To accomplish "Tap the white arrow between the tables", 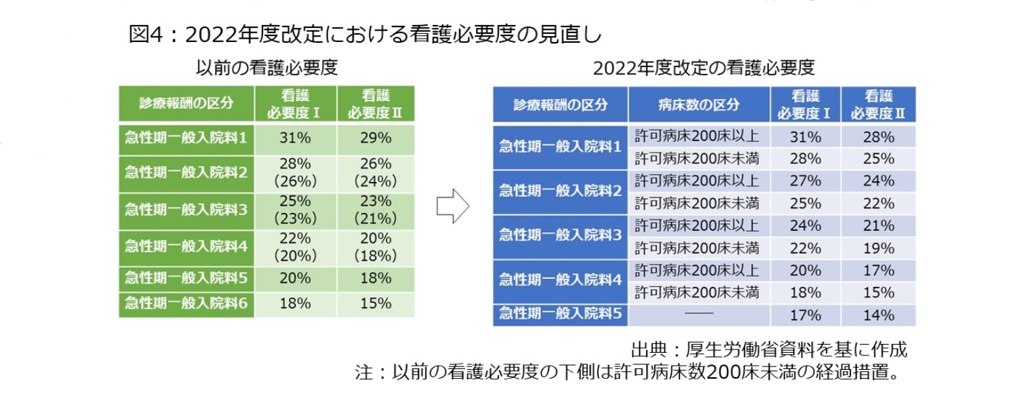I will tap(452, 206).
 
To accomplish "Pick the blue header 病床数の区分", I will tap(698, 105).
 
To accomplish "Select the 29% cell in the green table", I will tap(376, 138).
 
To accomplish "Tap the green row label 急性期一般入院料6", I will tap(186, 303).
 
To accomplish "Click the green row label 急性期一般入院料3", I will tap(186, 210).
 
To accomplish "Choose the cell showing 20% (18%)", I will tap(376, 247).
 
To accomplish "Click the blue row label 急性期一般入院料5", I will tap(560, 314).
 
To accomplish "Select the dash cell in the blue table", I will tap(698, 315).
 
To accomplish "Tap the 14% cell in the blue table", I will tap(878, 315).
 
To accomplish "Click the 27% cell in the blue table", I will tap(805, 181).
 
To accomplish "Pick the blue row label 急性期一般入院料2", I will tap(560, 191).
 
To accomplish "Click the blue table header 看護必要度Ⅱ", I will tap(878, 105).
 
